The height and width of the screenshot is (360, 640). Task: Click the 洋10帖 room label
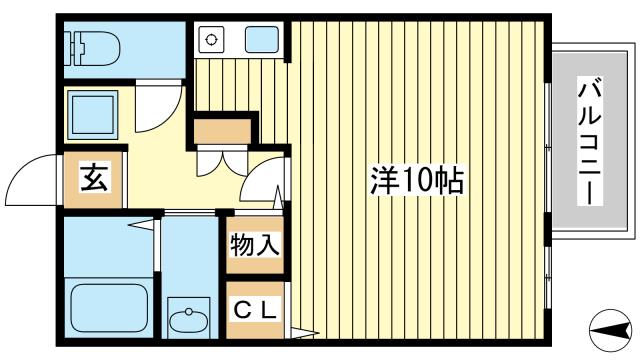(x=417, y=180)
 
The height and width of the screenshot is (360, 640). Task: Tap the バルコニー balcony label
(x=590, y=141)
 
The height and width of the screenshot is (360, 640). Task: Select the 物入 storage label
(x=255, y=245)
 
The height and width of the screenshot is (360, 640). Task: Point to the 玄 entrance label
(x=94, y=177)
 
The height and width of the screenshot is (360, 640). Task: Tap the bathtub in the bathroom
(x=109, y=308)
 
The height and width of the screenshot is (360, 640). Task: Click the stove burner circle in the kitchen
(x=211, y=40)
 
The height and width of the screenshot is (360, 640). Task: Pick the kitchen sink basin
(x=262, y=40)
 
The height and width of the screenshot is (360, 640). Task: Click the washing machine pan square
(x=93, y=115)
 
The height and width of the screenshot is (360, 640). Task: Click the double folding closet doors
(x=222, y=162)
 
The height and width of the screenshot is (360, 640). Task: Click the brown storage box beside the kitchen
(x=222, y=131)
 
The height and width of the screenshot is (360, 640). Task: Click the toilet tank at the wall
(x=70, y=49)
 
